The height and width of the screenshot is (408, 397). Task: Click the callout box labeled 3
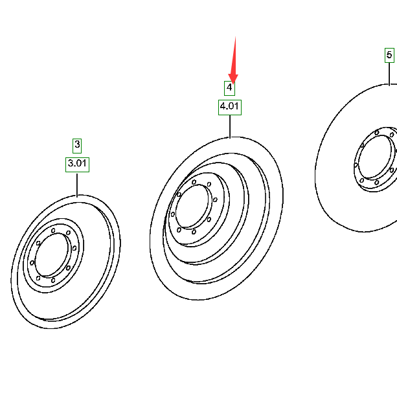[x=77, y=146]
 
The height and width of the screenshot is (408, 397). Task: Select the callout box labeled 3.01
[x=77, y=164]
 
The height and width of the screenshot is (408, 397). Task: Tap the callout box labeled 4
[x=229, y=89]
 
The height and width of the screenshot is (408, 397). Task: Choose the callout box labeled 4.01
[x=230, y=108]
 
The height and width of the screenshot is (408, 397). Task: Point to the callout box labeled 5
[x=389, y=55]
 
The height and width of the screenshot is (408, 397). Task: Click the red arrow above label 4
[x=234, y=60]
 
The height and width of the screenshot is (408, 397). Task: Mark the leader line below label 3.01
[x=77, y=185]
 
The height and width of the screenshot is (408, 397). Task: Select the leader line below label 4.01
[x=230, y=126]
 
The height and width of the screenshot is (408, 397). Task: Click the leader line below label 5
[x=389, y=74]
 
